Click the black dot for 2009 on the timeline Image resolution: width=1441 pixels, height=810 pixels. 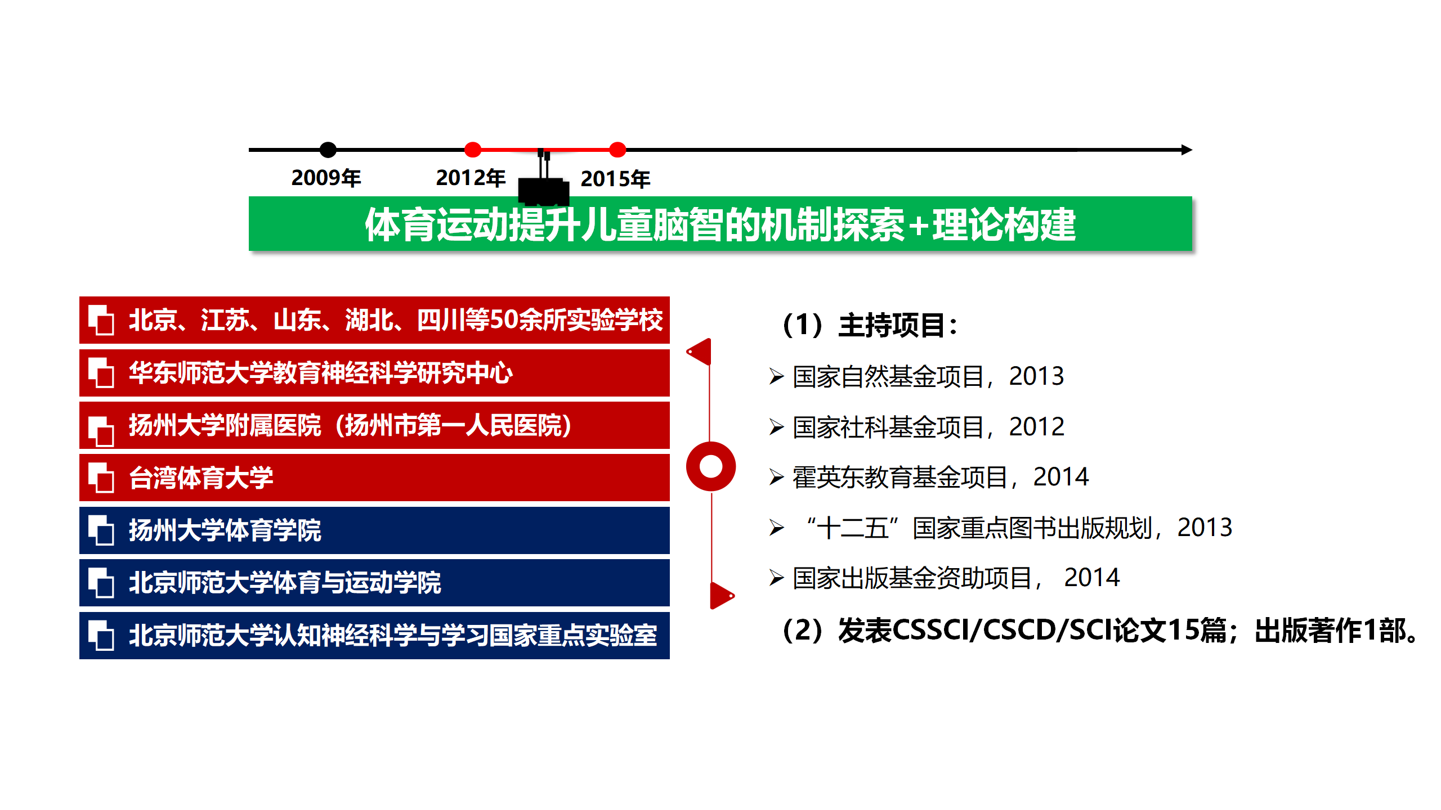(328, 150)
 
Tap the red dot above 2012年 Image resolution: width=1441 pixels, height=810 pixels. (473, 150)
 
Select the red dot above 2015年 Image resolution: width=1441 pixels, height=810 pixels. (617, 150)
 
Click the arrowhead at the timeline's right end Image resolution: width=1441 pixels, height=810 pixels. (1187, 150)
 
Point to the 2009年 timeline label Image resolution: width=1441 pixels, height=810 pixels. (326, 178)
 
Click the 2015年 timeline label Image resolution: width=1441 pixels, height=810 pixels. (615, 179)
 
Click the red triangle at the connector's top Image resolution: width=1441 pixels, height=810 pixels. (700, 352)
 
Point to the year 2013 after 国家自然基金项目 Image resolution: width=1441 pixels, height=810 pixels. (1036, 376)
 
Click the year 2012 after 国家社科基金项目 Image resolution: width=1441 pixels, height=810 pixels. (1036, 426)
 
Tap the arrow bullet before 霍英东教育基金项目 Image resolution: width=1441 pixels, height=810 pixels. (777, 477)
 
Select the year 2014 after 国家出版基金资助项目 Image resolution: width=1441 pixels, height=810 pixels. (1091, 578)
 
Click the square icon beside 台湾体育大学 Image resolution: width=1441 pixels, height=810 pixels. (101, 478)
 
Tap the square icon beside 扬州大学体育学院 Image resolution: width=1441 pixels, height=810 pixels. (101, 530)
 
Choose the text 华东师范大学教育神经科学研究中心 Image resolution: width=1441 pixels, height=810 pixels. (321, 372)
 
